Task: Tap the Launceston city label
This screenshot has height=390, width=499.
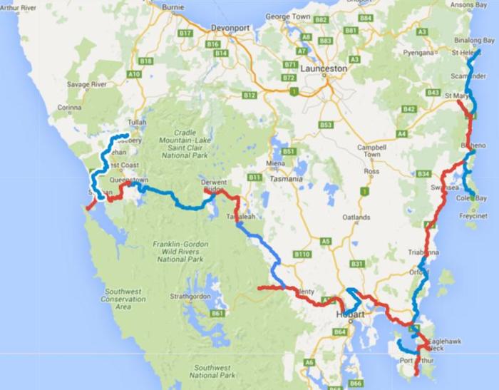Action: pyautogui.click(x=324, y=68)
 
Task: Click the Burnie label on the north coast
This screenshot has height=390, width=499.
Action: pyautogui.click(x=173, y=8)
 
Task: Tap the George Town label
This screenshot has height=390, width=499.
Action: pyautogui.click(x=286, y=16)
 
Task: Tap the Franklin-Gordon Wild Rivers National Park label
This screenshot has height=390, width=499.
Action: pyautogui.click(x=180, y=252)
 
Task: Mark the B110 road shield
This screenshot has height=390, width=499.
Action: pyautogui.click(x=302, y=254)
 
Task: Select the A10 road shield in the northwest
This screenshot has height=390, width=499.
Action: pyautogui.click(x=133, y=73)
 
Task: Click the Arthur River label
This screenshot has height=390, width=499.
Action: pyautogui.click(x=20, y=8)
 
